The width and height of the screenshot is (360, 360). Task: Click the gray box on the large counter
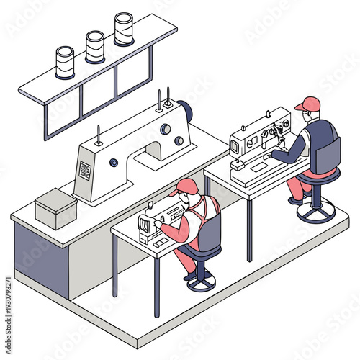[56, 208]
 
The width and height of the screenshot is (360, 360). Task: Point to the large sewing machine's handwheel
[185, 112]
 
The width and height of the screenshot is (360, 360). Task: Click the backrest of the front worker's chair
[210, 234]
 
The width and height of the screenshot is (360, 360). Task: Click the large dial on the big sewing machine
[166, 130]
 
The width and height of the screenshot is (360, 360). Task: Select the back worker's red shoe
[296, 201]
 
